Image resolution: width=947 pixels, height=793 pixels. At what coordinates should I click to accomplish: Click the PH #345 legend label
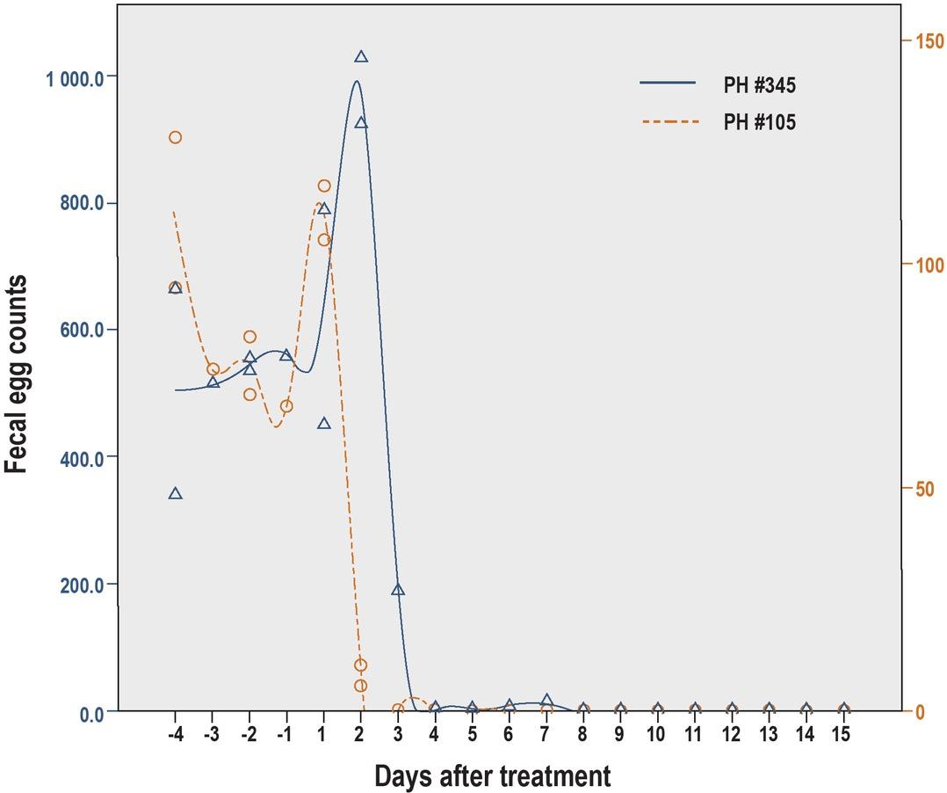click(759, 86)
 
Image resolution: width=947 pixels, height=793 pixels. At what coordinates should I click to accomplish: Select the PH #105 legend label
click(759, 123)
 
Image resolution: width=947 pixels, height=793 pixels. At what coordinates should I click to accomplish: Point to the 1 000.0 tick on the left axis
click(75, 77)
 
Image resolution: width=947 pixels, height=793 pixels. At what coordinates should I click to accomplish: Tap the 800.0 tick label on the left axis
click(81, 204)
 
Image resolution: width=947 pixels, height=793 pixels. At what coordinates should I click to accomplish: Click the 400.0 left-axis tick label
click(81, 458)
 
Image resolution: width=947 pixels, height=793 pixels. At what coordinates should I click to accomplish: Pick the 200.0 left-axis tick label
click(81, 586)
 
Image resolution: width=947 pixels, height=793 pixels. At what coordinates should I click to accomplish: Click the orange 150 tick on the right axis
click(929, 41)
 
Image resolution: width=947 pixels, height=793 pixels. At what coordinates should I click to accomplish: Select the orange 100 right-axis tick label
click(929, 266)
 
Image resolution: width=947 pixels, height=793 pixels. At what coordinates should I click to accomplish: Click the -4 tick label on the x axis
click(174, 734)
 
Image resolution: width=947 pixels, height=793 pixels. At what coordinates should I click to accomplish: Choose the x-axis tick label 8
click(583, 734)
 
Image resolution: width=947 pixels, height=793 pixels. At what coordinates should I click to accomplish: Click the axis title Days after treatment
click(492, 776)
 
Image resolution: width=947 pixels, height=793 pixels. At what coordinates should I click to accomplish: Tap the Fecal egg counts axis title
click(18, 375)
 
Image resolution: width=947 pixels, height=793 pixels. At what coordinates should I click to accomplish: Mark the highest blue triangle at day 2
click(361, 56)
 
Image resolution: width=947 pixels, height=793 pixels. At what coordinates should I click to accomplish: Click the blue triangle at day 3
click(398, 589)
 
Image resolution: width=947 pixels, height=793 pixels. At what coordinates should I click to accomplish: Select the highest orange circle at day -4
click(175, 137)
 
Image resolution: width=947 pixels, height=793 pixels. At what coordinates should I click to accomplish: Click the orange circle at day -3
click(213, 370)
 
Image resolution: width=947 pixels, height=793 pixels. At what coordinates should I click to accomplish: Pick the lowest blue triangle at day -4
click(175, 493)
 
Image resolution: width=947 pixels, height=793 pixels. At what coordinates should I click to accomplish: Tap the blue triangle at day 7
click(546, 700)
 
